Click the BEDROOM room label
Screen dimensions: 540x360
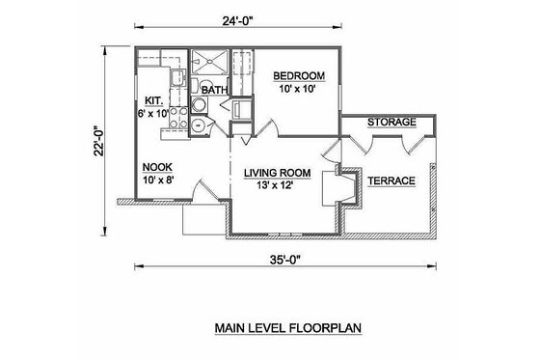[x=298, y=75]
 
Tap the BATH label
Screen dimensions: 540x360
[x=213, y=90]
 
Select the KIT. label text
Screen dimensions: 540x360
[x=153, y=99]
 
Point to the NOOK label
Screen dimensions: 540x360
[x=156, y=165]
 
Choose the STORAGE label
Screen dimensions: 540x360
[x=391, y=123]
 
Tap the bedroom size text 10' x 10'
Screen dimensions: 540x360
[x=298, y=90]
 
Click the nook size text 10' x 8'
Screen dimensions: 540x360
[x=156, y=180]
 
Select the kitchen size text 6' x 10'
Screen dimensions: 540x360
[x=153, y=113]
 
